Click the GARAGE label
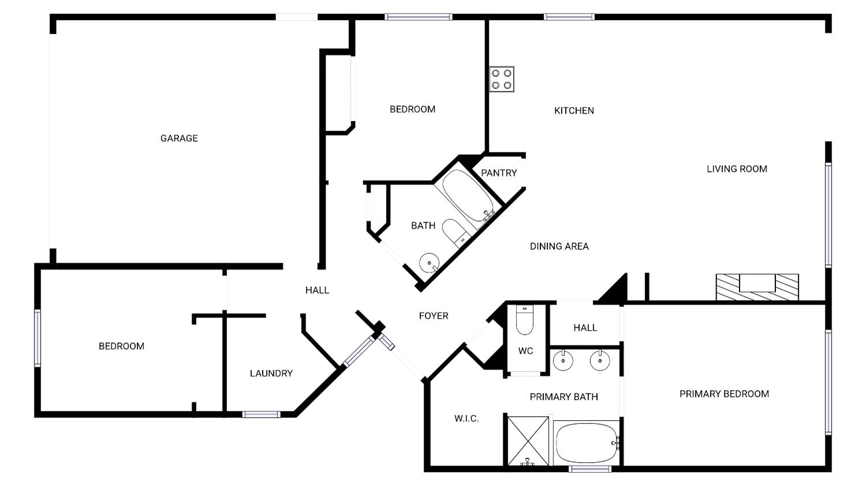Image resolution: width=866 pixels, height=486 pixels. (x=179, y=138)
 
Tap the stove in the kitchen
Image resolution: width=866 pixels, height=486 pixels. (x=502, y=80)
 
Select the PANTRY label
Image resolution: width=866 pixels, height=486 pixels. (x=499, y=173)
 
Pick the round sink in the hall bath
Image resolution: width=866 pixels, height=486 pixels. (x=429, y=263)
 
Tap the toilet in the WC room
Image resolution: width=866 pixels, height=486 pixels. (x=524, y=321)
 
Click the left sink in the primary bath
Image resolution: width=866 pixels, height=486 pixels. (x=563, y=361)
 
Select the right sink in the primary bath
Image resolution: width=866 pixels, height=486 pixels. (x=600, y=361)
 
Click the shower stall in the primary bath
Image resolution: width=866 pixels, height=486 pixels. (x=528, y=440)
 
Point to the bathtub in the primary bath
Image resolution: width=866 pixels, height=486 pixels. (x=585, y=443)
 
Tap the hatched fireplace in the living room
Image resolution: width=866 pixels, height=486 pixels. (x=757, y=287)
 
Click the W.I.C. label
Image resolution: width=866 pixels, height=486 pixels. (x=466, y=418)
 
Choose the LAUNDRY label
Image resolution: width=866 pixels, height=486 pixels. (x=271, y=373)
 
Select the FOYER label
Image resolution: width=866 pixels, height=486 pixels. (x=434, y=316)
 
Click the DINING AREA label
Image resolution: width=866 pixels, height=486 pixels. (x=559, y=246)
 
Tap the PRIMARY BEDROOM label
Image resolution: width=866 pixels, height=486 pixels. (x=724, y=394)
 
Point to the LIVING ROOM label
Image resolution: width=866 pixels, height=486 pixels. (x=737, y=169)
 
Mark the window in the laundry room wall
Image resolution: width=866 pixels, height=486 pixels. (x=261, y=414)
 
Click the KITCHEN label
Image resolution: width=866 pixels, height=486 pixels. (x=574, y=110)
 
